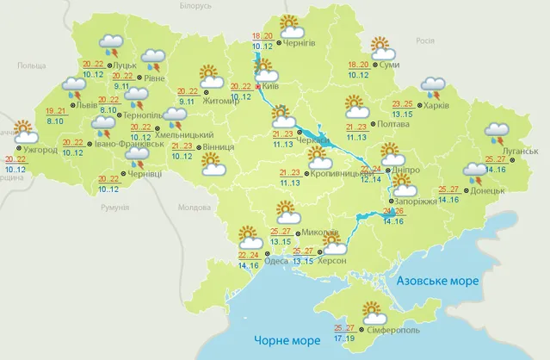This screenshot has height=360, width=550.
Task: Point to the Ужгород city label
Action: pos(41,150)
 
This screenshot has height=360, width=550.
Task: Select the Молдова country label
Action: pos(193,208)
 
